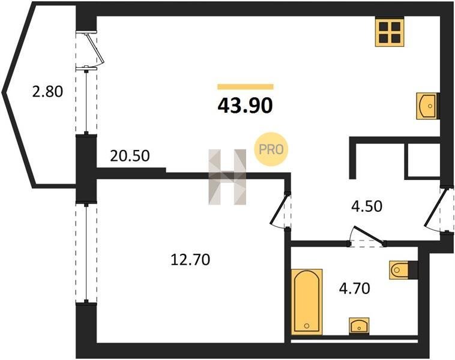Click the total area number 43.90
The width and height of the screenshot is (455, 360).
click(x=245, y=106)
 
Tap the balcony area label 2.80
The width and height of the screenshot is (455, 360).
click(x=47, y=92)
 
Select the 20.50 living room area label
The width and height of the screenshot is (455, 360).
click(x=130, y=156)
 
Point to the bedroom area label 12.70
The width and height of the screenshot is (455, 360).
click(x=190, y=260)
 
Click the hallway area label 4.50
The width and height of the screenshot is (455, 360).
click(x=367, y=206)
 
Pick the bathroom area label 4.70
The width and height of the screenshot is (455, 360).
click(x=355, y=289)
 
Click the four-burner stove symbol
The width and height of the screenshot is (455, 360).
click(x=390, y=32)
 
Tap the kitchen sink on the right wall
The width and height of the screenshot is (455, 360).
click(x=427, y=106)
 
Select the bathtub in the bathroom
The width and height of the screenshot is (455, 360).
click(x=307, y=302)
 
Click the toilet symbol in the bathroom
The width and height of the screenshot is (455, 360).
click(x=402, y=271)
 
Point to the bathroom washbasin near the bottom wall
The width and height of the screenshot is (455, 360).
click(x=359, y=326)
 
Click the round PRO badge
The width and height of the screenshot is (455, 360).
click(x=271, y=149)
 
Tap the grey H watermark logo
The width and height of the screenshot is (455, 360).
click(x=227, y=177)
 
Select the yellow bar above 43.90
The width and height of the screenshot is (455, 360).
click(x=246, y=86)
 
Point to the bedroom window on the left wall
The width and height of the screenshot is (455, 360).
click(x=86, y=253)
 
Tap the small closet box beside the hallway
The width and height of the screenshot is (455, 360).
click(x=424, y=160)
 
